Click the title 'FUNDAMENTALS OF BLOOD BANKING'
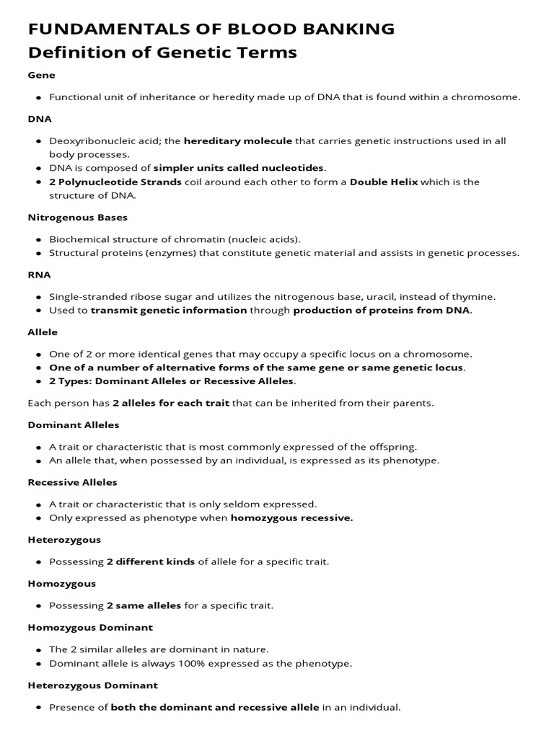[x=211, y=30]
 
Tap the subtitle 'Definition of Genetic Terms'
[x=162, y=53]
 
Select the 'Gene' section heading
[x=41, y=75]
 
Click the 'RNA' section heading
[x=39, y=275]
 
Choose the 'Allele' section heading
[x=43, y=332]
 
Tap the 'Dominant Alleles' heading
[x=74, y=425]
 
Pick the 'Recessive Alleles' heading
[x=72, y=482]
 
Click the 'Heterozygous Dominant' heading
[x=92, y=685]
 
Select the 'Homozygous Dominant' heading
[x=90, y=628]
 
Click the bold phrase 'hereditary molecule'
[x=238, y=141]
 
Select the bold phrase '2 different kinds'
[x=150, y=561]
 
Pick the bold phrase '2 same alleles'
[x=144, y=605]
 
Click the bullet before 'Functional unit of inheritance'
[x=38, y=97]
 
